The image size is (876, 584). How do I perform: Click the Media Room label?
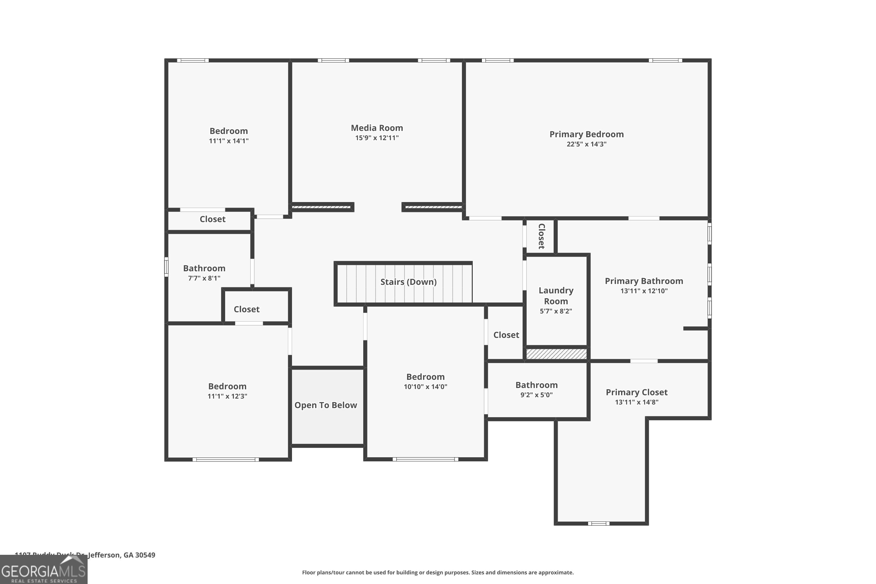tap(377, 128)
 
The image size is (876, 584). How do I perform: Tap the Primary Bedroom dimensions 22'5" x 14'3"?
tap(586, 144)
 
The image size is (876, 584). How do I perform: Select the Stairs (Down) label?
tap(408, 282)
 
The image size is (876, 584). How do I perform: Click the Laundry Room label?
tap(556, 296)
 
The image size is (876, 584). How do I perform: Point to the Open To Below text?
tap(326, 405)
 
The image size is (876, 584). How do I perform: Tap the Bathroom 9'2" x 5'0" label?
tap(536, 385)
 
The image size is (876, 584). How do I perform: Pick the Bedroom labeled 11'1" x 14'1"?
tap(228, 131)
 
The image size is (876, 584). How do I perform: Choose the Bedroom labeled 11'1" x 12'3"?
tap(227, 387)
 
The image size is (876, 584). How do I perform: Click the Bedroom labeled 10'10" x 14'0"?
tap(425, 377)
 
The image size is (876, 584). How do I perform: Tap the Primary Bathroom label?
tap(644, 281)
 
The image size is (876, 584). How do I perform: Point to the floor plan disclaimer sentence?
tap(438, 572)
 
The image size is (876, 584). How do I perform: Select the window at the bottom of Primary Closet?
tap(599, 523)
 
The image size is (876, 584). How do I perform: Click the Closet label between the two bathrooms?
tap(246, 310)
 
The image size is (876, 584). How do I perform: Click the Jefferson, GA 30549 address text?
tap(121, 555)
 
